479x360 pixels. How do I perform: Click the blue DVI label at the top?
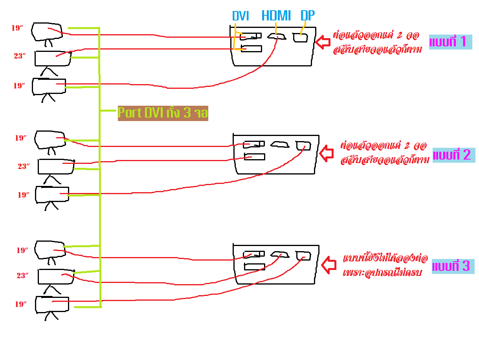[x=240, y=16]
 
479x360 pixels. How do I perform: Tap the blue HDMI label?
[x=276, y=16]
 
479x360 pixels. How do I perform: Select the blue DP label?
[x=307, y=16]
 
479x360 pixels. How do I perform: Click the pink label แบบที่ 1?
[x=448, y=42]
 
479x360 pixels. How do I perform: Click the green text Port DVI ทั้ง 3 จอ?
[x=163, y=113]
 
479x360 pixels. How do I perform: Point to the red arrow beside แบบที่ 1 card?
[x=323, y=42]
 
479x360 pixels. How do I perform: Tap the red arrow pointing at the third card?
[x=329, y=264]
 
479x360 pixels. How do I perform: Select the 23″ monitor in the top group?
[x=53, y=59]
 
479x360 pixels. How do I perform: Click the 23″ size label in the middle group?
[x=24, y=167]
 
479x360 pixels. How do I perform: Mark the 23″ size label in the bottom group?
[x=23, y=276]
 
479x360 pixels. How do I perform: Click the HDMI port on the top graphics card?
[x=277, y=37]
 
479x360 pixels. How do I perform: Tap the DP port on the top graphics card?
[x=301, y=38]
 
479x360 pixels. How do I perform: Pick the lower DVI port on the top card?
[x=251, y=49]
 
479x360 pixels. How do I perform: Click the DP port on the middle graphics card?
[x=304, y=145]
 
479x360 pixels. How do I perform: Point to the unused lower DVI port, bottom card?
[x=255, y=267]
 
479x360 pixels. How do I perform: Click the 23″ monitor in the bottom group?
[x=56, y=277]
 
